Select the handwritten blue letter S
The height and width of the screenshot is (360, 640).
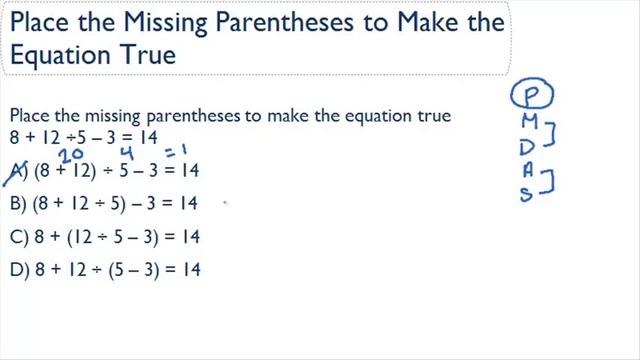[525, 195]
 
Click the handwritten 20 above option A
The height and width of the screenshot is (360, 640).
[69, 154]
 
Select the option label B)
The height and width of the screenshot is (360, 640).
[17, 204]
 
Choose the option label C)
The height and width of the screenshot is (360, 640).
[17, 236]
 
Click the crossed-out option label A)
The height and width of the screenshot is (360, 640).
[17, 172]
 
